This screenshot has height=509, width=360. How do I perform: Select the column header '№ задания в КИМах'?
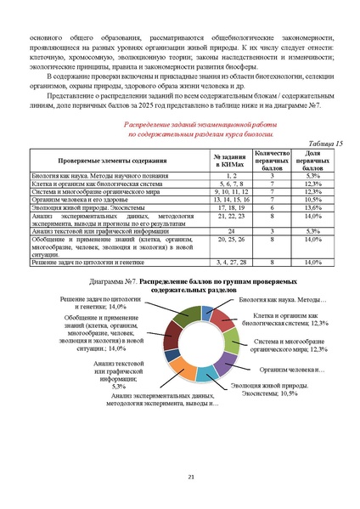pyautogui.click(x=225, y=161)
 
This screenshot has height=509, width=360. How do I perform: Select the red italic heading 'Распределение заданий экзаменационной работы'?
pyautogui.click(x=180, y=124)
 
